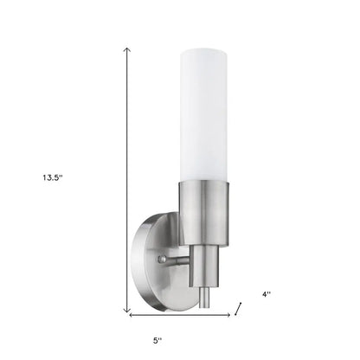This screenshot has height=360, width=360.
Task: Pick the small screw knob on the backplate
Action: (161, 258)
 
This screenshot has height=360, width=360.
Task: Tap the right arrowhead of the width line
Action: (228, 317)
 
